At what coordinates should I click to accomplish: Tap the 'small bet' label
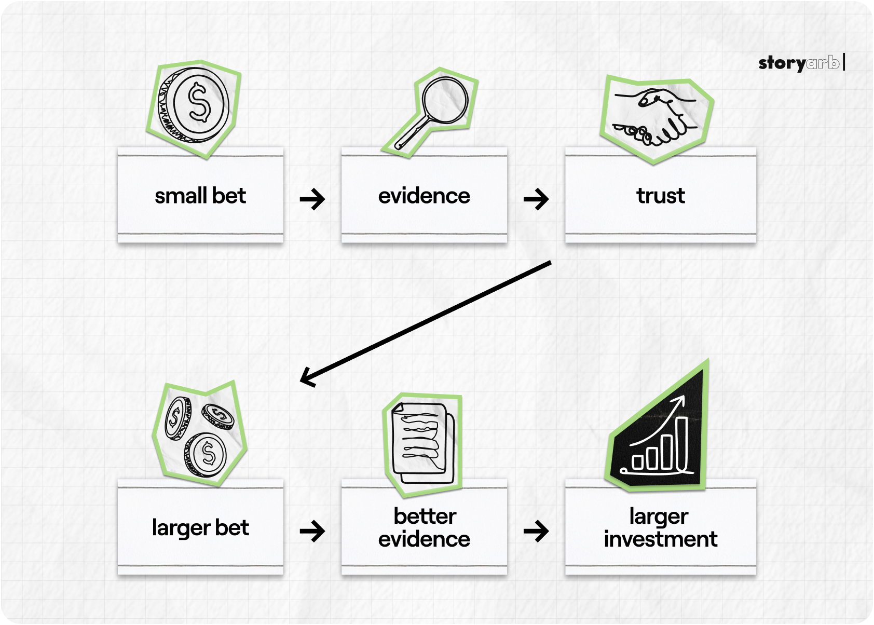200,196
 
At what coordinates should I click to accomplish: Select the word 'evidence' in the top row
424,196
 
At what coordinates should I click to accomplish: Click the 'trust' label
661,196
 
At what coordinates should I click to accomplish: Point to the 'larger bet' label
200,528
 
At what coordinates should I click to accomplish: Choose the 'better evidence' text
424,527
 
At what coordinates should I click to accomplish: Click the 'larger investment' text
661,527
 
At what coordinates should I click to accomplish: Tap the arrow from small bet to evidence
312,199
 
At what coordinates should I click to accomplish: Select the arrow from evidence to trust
536,199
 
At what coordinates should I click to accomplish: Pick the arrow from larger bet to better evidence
312,531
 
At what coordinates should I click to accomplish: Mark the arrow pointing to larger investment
536,531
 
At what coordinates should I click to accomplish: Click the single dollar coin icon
194,105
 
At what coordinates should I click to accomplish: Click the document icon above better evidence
422,443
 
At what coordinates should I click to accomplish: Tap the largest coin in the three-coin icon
206,455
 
